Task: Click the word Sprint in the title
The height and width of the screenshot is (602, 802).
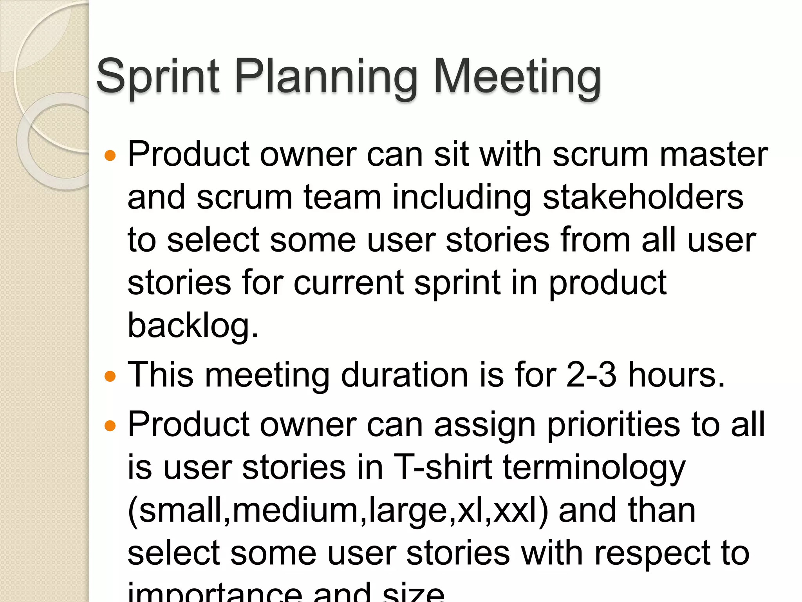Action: (157, 76)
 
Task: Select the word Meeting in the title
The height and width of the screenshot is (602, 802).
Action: (517, 76)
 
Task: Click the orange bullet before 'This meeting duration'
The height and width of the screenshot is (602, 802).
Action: (110, 377)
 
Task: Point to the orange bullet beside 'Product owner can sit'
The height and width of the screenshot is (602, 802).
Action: (110, 156)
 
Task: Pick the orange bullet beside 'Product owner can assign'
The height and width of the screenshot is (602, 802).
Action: (110, 426)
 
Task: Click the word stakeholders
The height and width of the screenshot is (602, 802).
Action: (643, 197)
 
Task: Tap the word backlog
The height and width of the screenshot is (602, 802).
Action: (193, 325)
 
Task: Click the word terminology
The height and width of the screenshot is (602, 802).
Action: (594, 468)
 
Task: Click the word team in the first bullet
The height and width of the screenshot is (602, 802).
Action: (342, 197)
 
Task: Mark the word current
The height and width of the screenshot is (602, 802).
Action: (349, 283)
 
